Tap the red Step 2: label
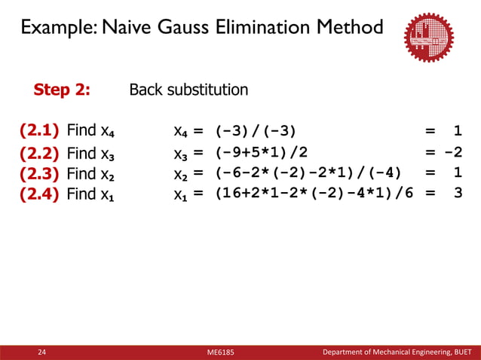pos(62,90)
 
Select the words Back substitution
pos(188,90)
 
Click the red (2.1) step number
pos(40,131)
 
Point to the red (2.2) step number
pos(40,154)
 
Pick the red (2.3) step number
pos(40,173)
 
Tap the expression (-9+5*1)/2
pos(261,154)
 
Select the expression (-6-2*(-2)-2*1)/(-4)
pos(308,173)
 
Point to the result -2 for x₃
pos(453,154)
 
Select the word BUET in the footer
pos(461,352)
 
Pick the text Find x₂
pos(91,173)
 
